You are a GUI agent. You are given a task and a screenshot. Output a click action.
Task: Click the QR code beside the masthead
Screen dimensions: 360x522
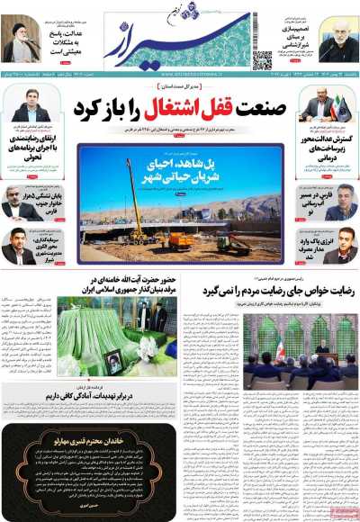pyautogui.click(x=262, y=60)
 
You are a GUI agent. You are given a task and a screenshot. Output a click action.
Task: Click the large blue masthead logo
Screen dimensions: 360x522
pyautogui.click(x=180, y=40)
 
